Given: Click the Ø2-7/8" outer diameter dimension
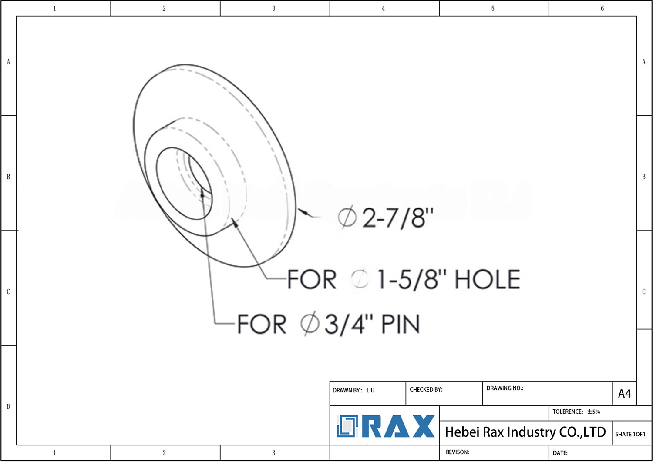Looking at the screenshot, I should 386,218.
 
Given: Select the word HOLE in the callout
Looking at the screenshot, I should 487,279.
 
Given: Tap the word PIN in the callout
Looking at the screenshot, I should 400,325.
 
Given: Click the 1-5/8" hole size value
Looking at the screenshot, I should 412,279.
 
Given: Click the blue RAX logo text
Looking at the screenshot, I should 398,426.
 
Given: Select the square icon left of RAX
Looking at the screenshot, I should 347,426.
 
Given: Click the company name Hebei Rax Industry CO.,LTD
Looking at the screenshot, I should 525,432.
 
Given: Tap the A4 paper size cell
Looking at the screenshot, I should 624,394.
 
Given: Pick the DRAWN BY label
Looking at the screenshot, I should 347,390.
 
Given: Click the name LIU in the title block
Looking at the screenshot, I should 370,390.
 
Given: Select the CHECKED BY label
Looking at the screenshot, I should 426,389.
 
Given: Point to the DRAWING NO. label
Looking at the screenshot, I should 505,388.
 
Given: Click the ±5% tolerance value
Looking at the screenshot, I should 594,412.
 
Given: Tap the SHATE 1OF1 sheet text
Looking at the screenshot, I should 630,434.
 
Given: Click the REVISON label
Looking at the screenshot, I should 457,452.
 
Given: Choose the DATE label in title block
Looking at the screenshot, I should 560,453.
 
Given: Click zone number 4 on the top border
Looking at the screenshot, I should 383,8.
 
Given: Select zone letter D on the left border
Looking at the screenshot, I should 8,407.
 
